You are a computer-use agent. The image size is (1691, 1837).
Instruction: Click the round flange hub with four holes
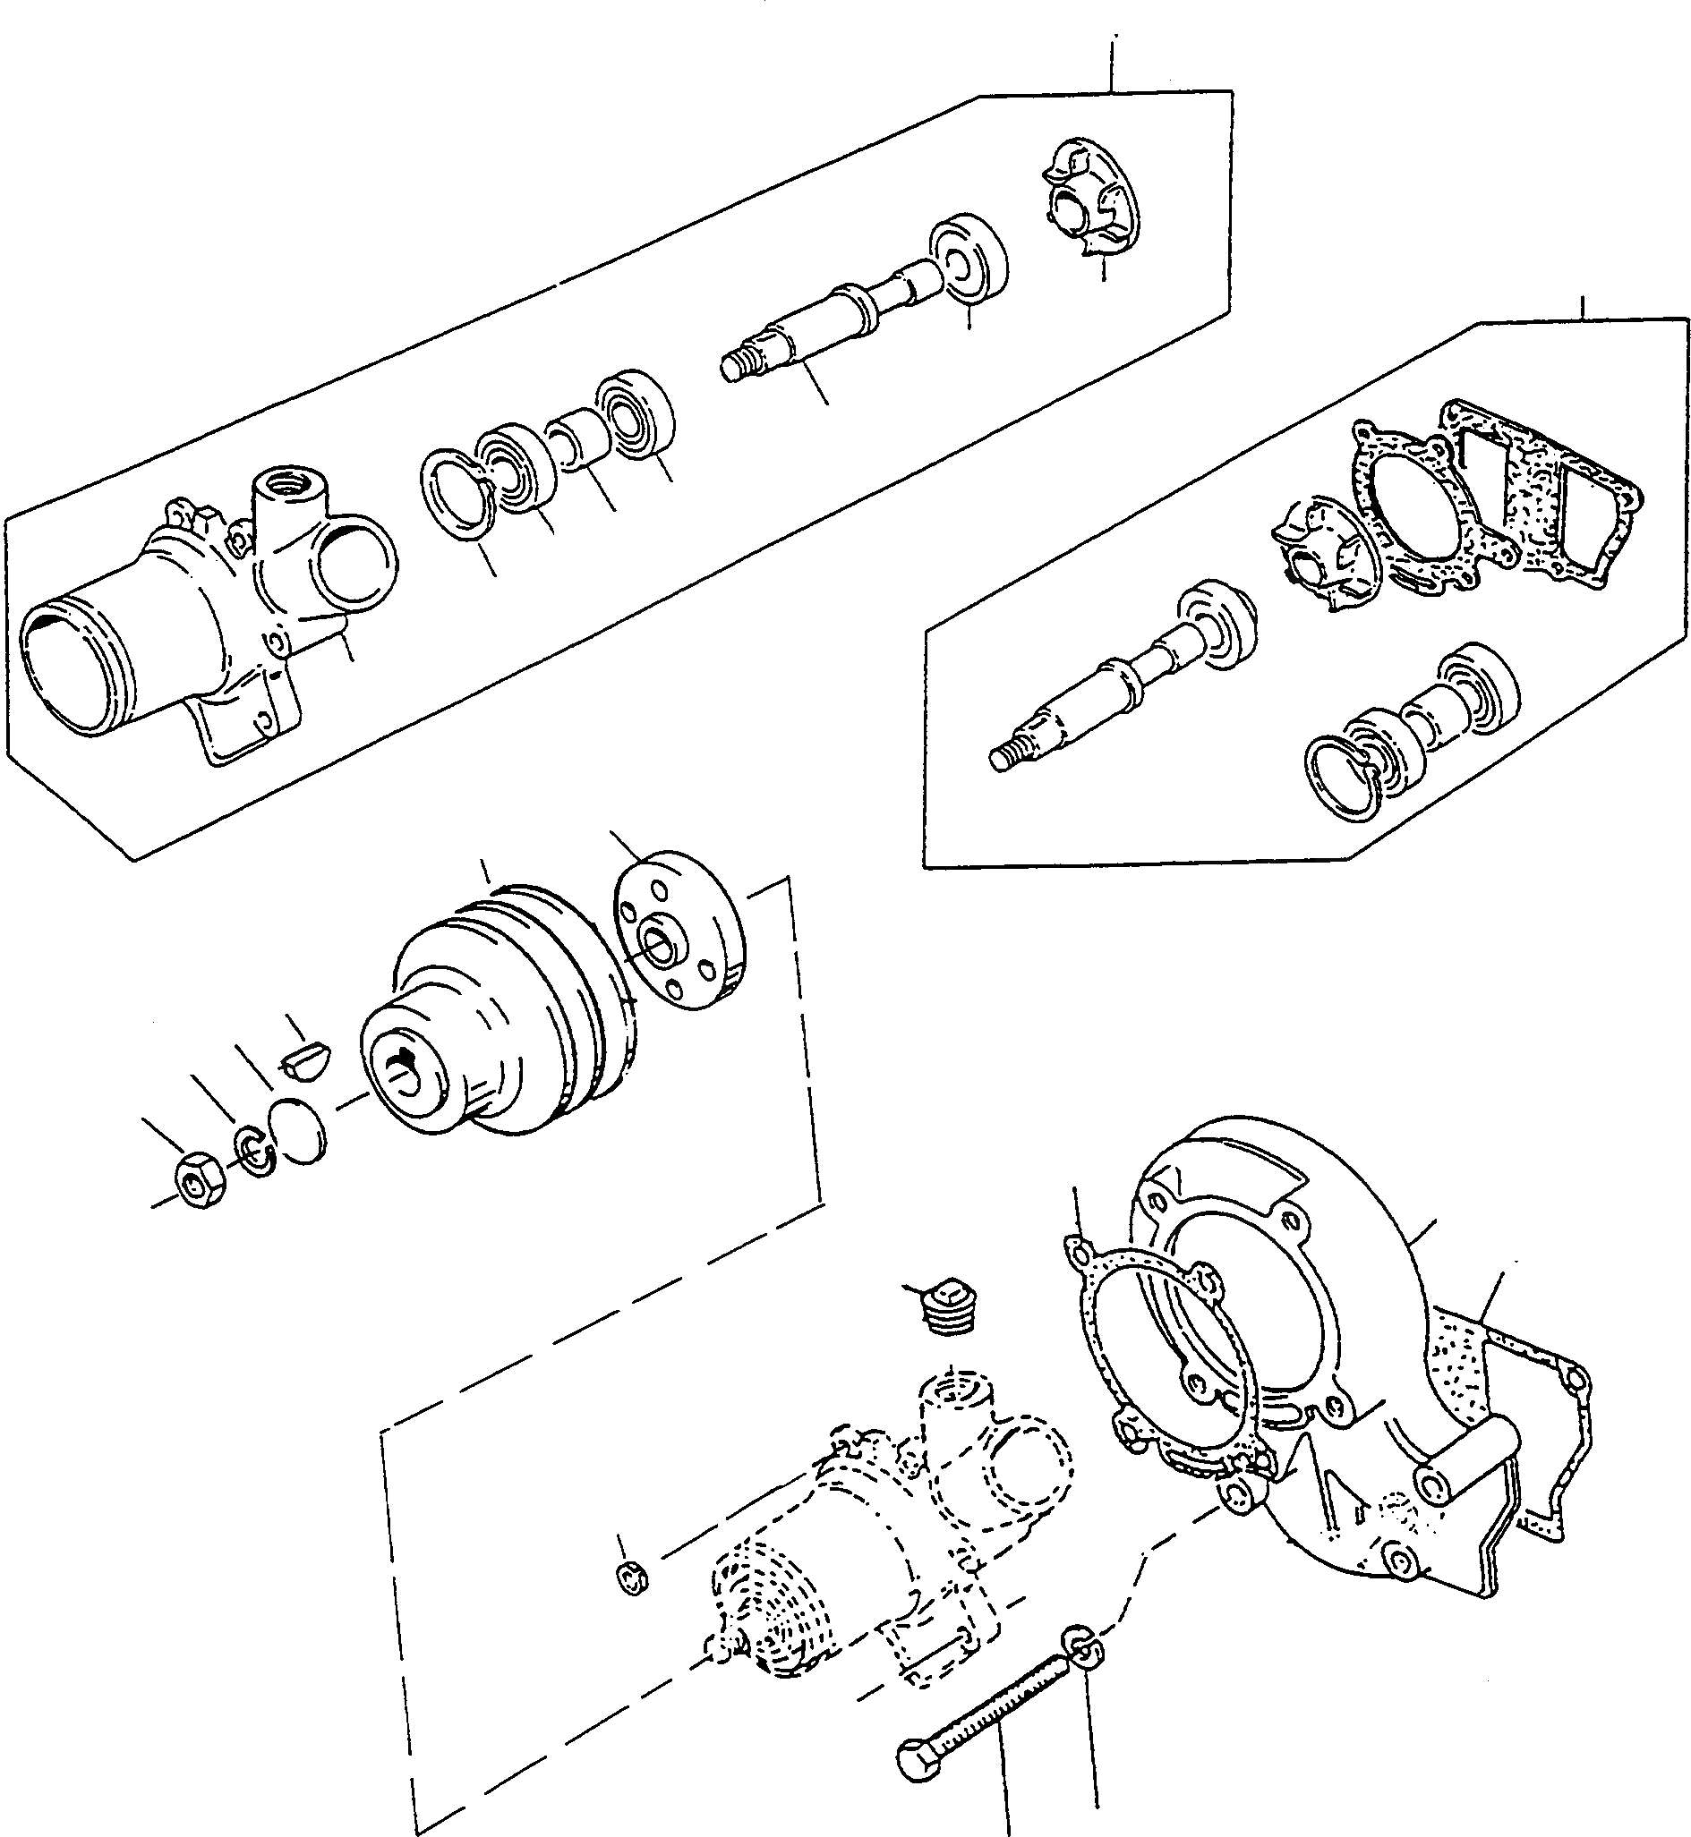click(678, 930)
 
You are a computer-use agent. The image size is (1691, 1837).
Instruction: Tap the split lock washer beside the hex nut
click(258, 1150)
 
